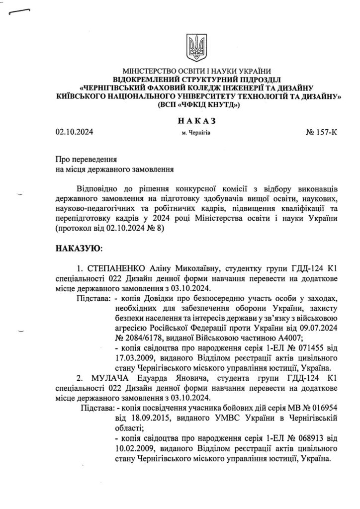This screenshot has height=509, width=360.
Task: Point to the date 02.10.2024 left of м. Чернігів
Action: click(75, 133)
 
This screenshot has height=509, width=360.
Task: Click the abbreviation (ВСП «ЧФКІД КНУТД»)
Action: click(198, 105)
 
